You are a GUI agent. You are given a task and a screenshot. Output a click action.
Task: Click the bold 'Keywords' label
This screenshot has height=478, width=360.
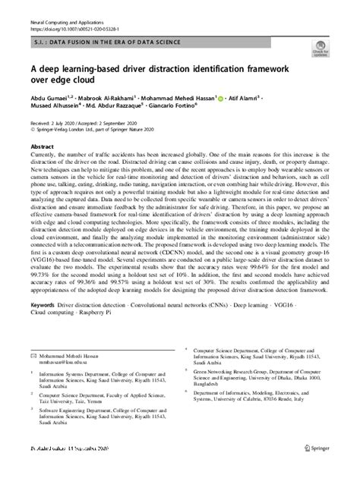[43, 328]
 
